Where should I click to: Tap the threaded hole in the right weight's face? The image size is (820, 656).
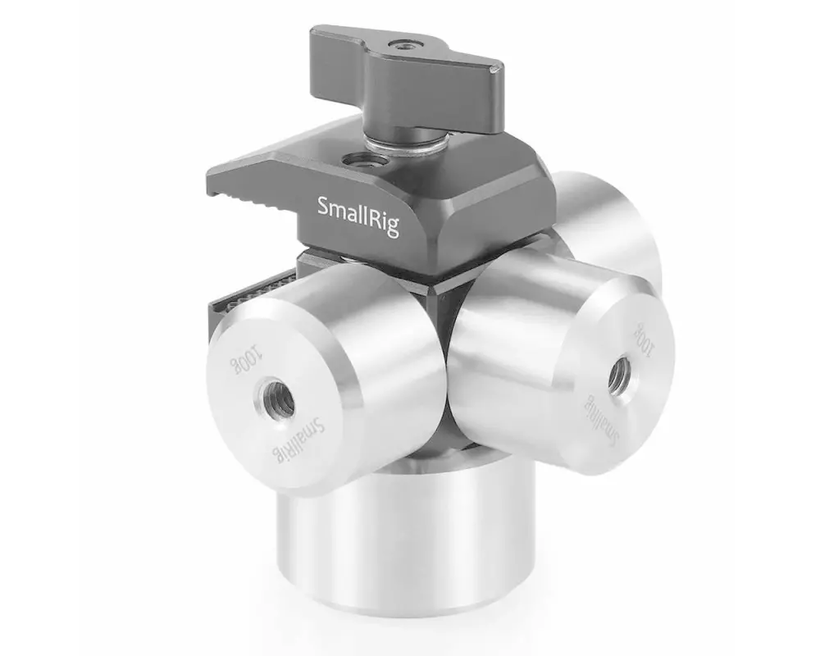pyautogui.click(x=621, y=373)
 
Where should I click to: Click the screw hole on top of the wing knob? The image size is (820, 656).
pyautogui.click(x=402, y=46)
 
